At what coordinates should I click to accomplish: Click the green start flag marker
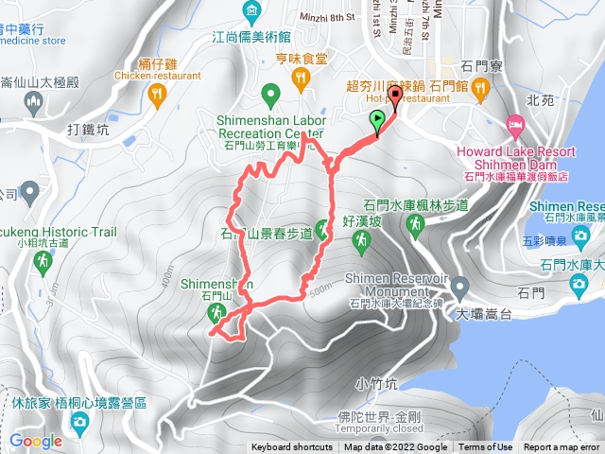click(x=378, y=120)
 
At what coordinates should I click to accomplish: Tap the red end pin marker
click(x=392, y=104)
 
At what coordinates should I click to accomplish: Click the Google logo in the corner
click(x=36, y=441)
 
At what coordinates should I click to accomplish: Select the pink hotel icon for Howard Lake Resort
click(x=515, y=124)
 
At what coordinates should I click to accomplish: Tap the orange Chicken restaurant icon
click(x=157, y=93)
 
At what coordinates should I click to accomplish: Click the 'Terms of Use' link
click(x=486, y=447)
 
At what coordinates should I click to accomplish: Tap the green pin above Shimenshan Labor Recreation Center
click(x=269, y=93)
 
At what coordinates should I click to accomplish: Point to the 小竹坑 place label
click(x=374, y=383)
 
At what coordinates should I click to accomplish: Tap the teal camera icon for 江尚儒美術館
click(x=251, y=11)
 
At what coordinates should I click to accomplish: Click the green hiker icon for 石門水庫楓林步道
click(x=415, y=224)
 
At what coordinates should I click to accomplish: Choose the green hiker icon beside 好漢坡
click(x=362, y=244)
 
